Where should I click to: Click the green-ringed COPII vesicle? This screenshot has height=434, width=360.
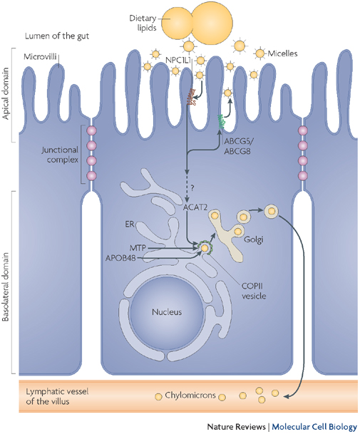[205, 249]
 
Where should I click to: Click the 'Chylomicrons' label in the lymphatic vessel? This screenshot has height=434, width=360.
[176, 394]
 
